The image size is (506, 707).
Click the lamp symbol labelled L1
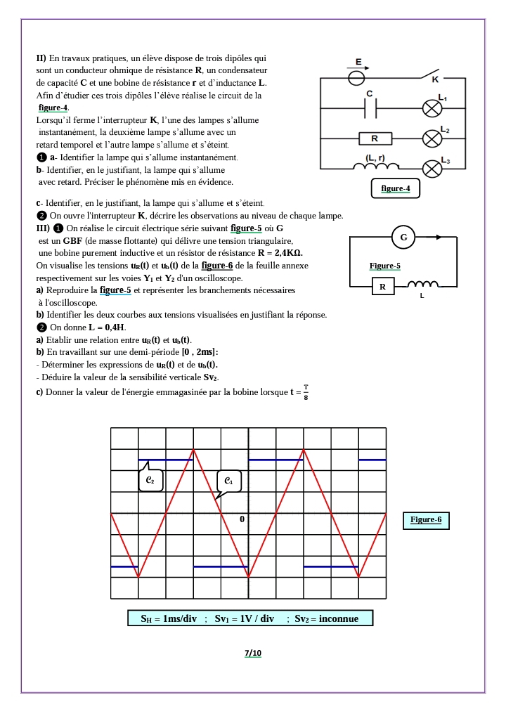(x=431, y=108)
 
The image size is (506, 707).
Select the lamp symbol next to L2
(x=431, y=138)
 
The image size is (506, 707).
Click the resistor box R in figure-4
(x=375, y=138)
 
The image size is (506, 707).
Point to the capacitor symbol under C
(x=370, y=108)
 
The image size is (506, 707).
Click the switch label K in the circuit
(x=434, y=80)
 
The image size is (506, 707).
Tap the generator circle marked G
(x=403, y=238)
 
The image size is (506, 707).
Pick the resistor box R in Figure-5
(x=382, y=287)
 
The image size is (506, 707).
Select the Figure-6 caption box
(x=426, y=520)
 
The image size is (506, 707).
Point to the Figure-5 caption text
(x=384, y=266)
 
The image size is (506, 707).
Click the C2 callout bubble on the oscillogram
(x=150, y=479)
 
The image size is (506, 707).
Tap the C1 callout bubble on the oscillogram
(x=229, y=481)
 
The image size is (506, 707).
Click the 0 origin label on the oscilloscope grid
(x=242, y=519)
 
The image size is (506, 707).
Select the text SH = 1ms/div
(x=168, y=619)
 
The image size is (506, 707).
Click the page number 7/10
(x=252, y=654)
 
